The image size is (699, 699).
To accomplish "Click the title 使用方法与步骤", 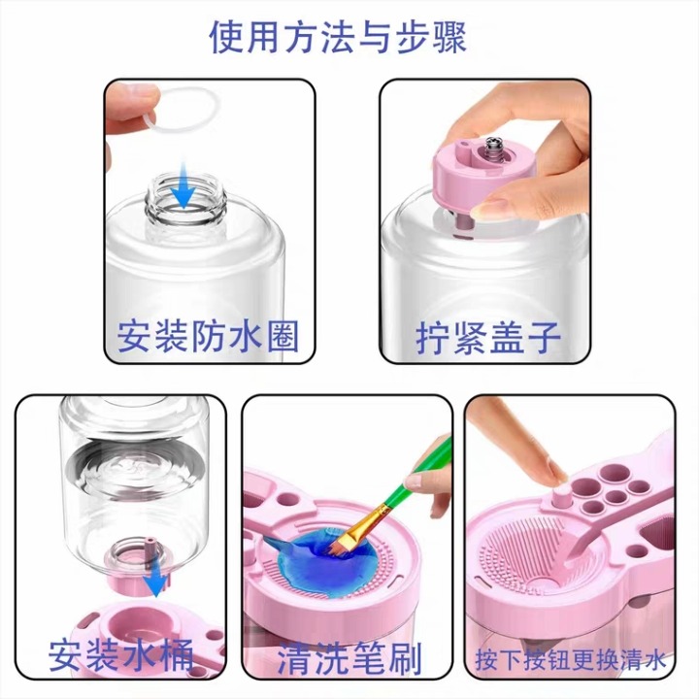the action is [338, 38].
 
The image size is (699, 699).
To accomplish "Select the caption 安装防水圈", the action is [208, 337].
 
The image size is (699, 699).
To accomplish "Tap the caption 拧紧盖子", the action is [487, 338].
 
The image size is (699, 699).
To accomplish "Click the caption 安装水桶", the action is [120, 655].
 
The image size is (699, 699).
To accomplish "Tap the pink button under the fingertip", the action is [561, 498].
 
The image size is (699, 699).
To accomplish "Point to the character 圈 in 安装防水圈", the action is [283, 337].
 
